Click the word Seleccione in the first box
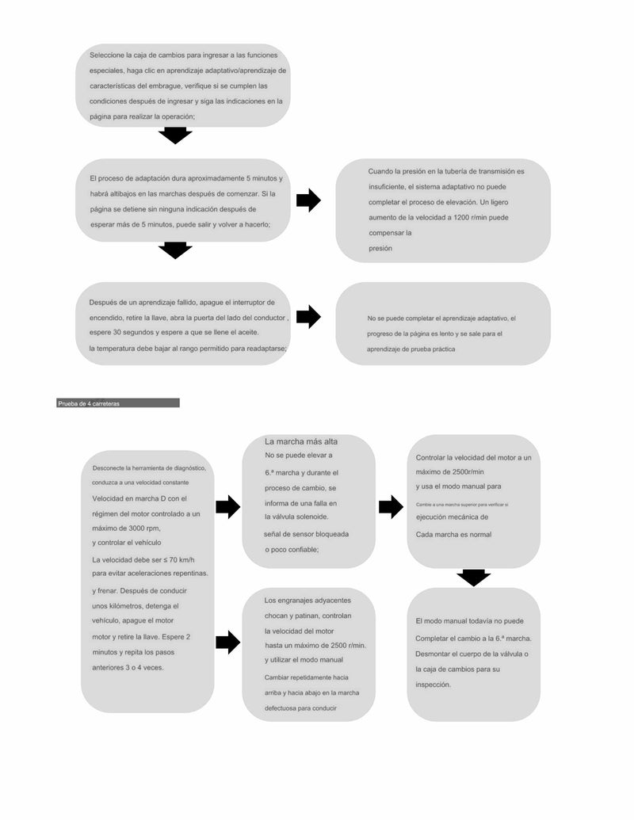tap(106, 55)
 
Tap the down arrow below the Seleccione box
tap(175, 135)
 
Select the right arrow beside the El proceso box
tap(308, 200)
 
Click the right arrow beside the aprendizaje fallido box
tap(308, 317)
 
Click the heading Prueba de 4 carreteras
tap(88, 403)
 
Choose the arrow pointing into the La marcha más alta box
tap(227, 506)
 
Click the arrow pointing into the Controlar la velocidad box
tap(391, 506)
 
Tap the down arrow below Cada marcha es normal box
tap(473, 578)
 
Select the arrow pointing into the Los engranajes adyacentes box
tap(227, 642)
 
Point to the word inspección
tap(433, 685)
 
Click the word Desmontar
tap(434, 654)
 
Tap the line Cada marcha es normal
tap(453, 535)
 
